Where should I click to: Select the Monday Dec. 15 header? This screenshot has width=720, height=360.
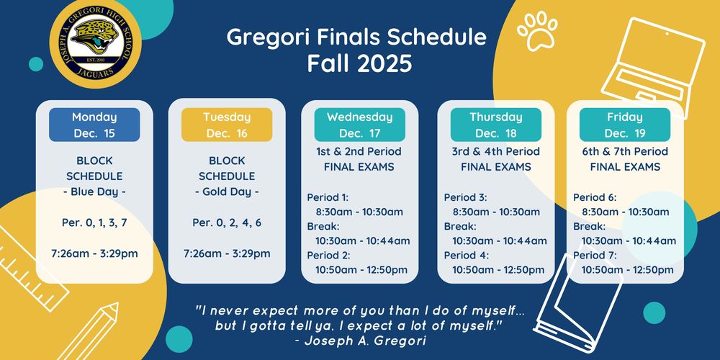[94, 125]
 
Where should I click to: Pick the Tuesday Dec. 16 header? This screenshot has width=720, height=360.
[227, 125]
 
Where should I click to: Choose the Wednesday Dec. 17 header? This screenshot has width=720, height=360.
[359, 125]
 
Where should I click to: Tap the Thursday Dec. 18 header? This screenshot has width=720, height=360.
[495, 125]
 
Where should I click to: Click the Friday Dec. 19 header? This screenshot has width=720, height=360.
[625, 125]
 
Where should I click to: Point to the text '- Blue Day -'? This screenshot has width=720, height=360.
[94, 192]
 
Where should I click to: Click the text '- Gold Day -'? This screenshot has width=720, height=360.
[227, 192]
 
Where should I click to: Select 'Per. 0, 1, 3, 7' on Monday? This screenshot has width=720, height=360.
[94, 222]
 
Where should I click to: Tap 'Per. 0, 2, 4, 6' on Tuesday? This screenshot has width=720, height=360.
[227, 222]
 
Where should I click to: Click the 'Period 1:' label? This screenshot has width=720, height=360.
[328, 197]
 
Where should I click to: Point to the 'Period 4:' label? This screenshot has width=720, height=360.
[466, 255]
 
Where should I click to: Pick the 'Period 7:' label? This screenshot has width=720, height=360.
[595, 255]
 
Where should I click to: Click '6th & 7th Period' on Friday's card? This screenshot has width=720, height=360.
[625, 152]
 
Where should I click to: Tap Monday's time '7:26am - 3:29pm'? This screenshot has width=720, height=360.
[94, 253]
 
